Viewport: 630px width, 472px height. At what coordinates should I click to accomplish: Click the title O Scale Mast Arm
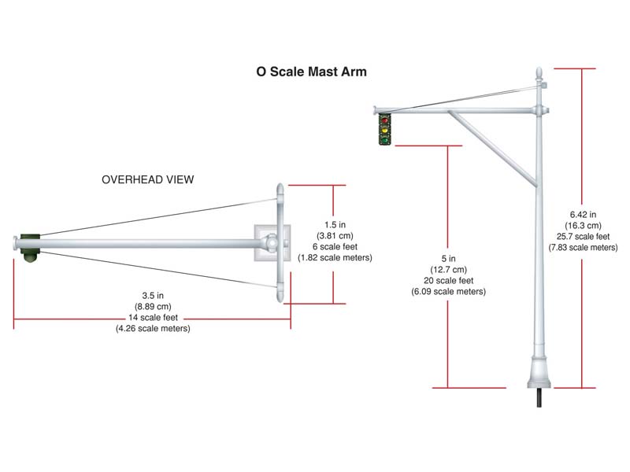click(x=311, y=72)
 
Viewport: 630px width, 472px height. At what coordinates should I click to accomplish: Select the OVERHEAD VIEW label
click(x=148, y=179)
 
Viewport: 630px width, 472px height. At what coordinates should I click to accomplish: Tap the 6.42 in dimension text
click(x=583, y=213)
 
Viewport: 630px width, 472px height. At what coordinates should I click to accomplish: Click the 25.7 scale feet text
click(x=583, y=236)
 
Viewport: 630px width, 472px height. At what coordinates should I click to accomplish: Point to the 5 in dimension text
click(x=448, y=259)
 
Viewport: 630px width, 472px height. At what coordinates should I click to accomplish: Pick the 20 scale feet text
click(x=448, y=281)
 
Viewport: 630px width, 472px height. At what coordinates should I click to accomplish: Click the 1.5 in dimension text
click(x=335, y=224)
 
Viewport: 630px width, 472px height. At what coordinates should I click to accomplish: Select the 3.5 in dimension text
click(x=152, y=296)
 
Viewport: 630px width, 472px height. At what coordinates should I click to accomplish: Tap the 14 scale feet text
click(x=152, y=318)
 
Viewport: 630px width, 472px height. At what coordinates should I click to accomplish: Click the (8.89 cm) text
click(x=152, y=307)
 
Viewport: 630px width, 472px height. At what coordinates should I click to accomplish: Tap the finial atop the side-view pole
click(x=539, y=78)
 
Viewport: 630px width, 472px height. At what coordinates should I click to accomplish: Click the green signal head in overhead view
click(x=29, y=246)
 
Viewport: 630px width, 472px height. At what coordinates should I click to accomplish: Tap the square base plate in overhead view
click(x=270, y=242)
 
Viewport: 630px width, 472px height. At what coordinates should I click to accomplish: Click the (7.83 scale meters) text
click(x=583, y=247)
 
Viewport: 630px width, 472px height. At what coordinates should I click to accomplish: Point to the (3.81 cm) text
click(x=335, y=235)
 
